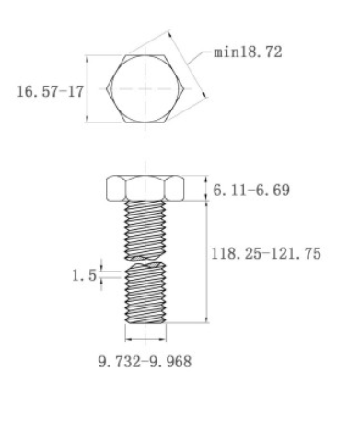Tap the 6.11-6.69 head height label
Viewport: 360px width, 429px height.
coord(242,189)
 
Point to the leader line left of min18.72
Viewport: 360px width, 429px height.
coord(201,52)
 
